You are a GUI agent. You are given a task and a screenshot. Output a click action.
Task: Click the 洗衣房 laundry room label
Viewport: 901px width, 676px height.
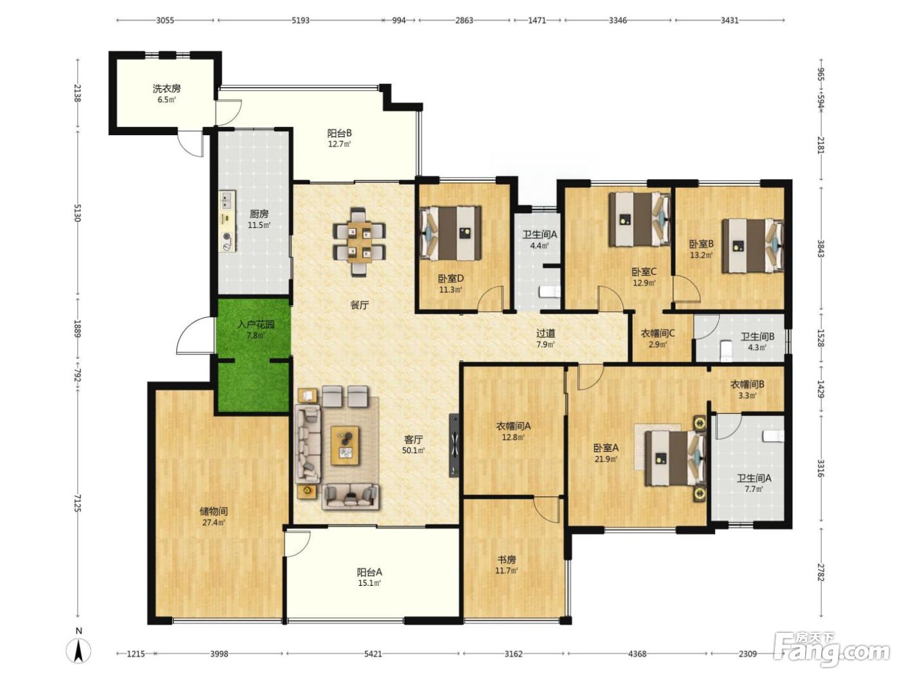click(x=167, y=88)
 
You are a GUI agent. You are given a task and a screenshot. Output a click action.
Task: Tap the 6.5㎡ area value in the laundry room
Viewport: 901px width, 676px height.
click(x=167, y=100)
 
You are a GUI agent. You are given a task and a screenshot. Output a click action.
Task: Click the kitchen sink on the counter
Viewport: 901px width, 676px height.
click(x=225, y=201)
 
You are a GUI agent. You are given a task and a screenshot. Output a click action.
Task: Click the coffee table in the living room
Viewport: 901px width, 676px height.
click(x=345, y=446)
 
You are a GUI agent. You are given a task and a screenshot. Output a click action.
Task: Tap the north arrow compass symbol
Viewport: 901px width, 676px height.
click(x=79, y=650)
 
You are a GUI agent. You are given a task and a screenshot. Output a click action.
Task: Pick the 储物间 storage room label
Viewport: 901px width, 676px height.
click(x=214, y=511)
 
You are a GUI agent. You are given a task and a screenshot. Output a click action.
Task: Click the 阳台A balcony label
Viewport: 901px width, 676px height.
click(x=369, y=571)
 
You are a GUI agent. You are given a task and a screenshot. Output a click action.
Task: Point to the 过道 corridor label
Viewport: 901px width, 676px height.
click(x=546, y=333)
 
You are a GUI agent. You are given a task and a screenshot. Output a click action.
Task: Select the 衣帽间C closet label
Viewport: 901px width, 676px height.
click(x=658, y=333)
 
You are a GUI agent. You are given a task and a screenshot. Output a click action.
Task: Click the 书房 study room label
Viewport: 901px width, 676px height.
click(x=506, y=559)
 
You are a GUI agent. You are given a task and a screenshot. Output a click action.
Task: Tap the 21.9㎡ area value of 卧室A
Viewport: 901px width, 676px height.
click(x=606, y=459)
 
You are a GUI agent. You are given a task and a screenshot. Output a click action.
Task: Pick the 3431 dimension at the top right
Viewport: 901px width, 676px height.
click(x=729, y=20)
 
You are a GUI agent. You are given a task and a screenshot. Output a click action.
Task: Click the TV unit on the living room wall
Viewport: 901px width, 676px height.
click(x=454, y=445)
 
